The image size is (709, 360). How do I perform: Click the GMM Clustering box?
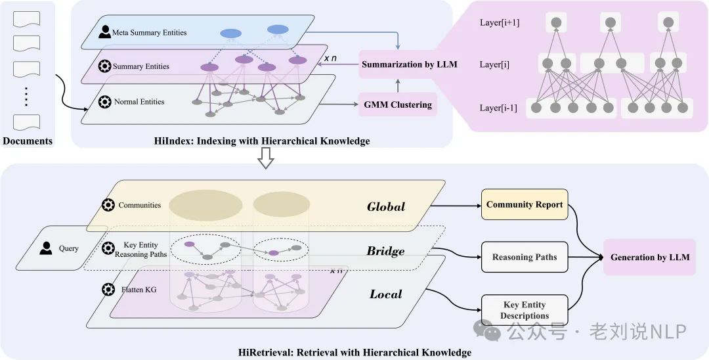click(x=398, y=104)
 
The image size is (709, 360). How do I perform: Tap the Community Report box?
click(x=524, y=204)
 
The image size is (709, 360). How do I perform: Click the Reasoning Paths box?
click(x=524, y=257)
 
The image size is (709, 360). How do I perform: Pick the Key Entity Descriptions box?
click(x=525, y=310)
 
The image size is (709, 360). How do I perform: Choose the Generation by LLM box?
click(x=649, y=257)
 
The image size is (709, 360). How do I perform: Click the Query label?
click(x=68, y=248)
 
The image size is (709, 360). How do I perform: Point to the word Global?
click(x=386, y=207)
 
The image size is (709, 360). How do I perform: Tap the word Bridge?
click(x=385, y=251)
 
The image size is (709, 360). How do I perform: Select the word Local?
click(x=385, y=294)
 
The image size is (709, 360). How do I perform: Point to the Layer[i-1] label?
click(x=498, y=108)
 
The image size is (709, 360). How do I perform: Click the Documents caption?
click(x=28, y=141)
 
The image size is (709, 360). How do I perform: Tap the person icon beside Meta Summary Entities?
click(x=104, y=32)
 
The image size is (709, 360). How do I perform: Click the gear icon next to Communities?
click(x=108, y=204)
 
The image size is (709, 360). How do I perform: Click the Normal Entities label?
click(x=139, y=102)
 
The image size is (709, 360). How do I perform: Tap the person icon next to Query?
click(x=46, y=248)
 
